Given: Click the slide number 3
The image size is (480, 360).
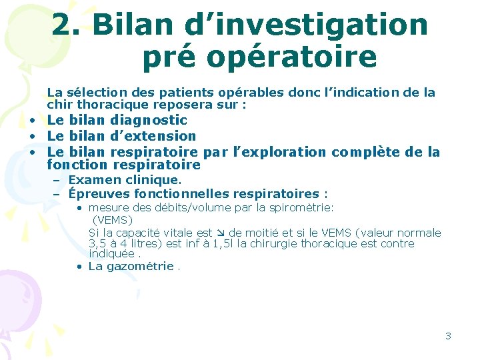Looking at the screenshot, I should click(448, 336).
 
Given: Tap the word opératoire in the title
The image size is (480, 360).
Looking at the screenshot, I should click(292, 57).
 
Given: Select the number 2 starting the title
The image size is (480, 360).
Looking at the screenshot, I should click(64, 25).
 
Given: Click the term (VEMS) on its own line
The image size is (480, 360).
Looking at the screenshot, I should click(113, 219).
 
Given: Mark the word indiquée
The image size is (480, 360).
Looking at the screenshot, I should click(111, 254).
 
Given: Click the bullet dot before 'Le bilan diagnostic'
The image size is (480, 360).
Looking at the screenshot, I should click(31, 121).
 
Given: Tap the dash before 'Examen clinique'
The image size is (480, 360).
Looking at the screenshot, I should click(57, 180).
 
